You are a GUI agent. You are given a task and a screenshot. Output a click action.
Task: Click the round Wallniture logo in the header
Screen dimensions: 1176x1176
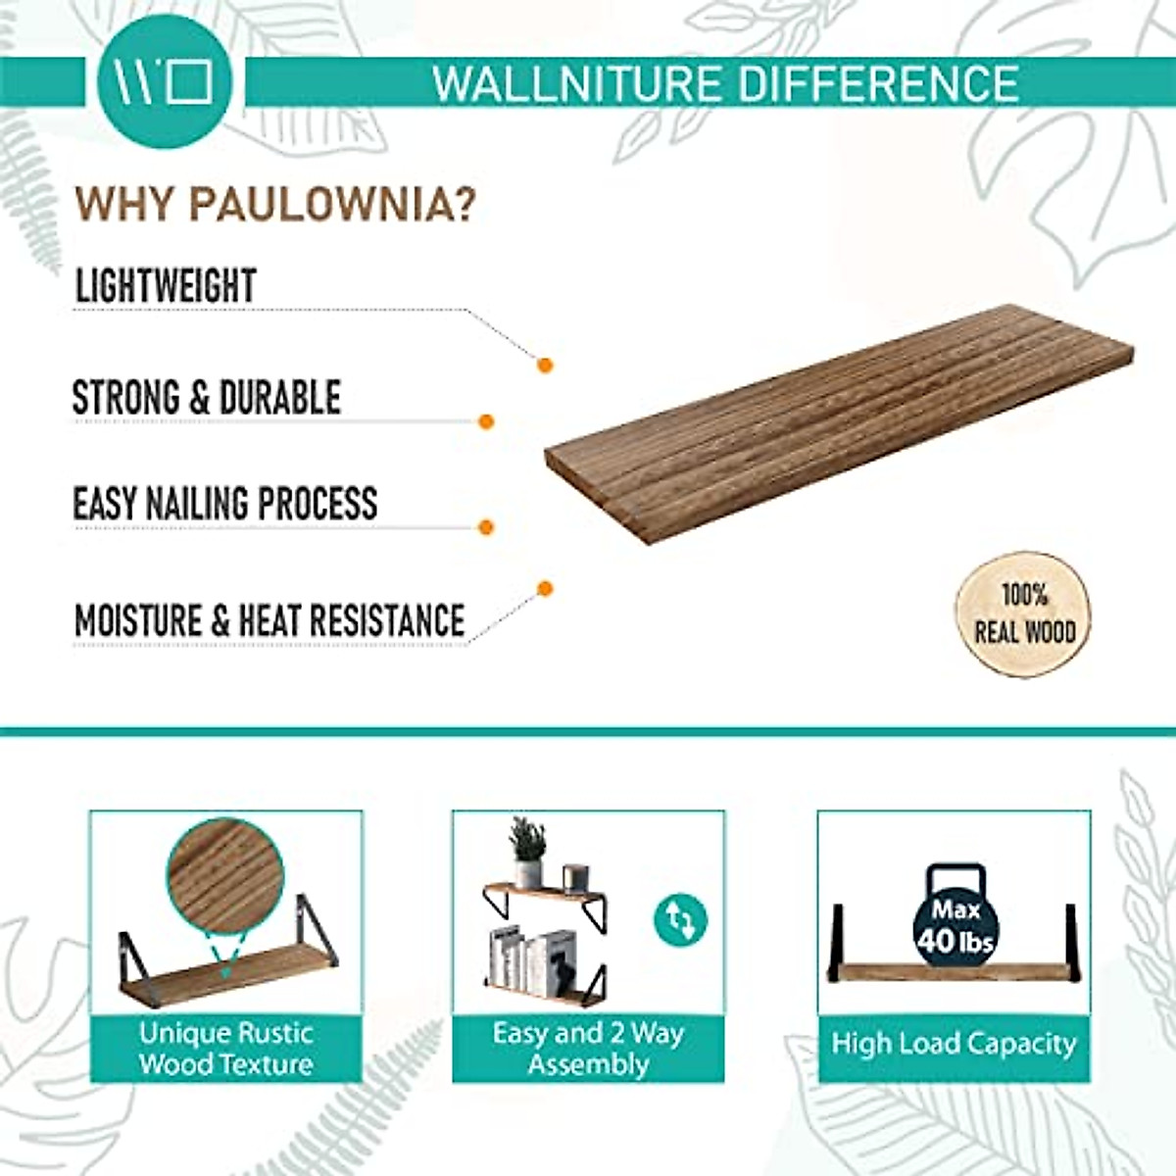pos(165,82)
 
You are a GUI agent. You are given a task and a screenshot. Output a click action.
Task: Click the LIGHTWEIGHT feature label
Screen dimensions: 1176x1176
pos(166,286)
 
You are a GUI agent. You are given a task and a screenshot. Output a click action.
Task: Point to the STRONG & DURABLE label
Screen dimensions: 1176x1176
pos(207,398)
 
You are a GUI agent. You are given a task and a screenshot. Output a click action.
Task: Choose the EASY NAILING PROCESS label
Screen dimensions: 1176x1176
pos(225,504)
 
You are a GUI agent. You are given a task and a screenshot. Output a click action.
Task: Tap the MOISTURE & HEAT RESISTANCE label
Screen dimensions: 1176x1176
pos(269,620)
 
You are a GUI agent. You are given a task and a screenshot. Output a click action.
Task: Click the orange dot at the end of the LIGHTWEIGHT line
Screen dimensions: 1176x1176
pos(545,366)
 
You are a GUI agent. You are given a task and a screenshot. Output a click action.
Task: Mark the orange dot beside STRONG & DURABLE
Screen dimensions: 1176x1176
pos(485,422)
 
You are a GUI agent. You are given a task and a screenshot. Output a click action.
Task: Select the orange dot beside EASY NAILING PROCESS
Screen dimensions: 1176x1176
pos(485,527)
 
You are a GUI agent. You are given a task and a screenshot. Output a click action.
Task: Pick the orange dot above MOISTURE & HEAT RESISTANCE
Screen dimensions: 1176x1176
pos(545,588)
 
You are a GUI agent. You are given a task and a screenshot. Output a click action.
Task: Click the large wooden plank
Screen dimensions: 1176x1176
pos(838,421)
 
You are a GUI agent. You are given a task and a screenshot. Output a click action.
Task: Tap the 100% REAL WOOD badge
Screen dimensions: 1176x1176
pos(1023,613)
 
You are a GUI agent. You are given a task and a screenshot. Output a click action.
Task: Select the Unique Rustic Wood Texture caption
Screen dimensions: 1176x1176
pos(225,1049)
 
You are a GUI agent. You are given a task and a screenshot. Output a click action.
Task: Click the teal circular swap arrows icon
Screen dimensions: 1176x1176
pos(679,920)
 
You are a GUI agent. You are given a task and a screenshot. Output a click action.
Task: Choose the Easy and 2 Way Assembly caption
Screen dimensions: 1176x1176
pos(588,1049)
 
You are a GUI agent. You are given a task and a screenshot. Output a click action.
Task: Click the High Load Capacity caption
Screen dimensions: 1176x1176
pos(953,1044)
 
